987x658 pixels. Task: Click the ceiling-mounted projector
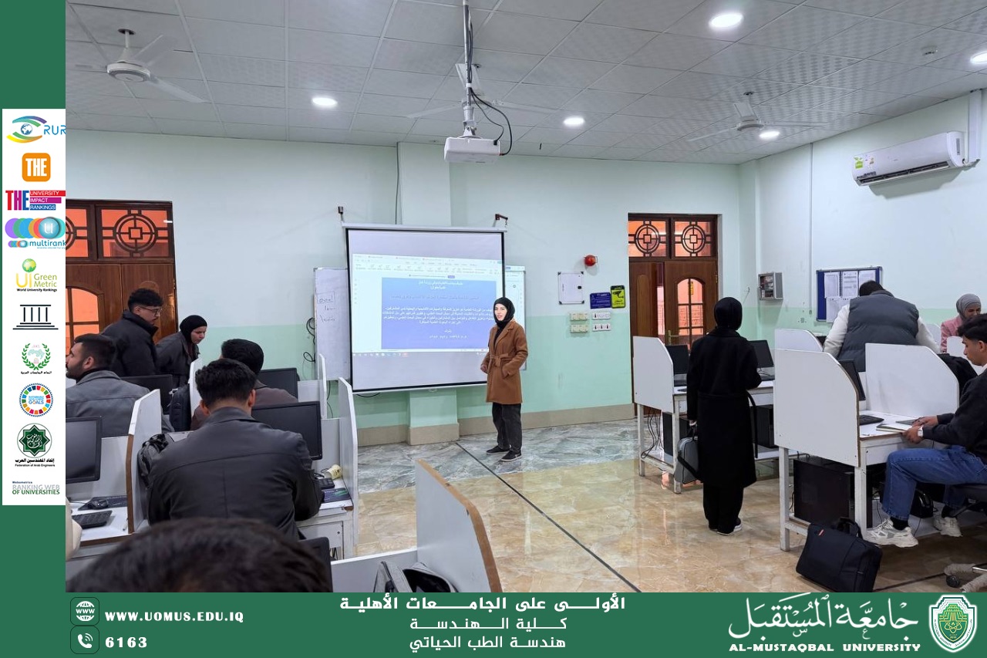471,148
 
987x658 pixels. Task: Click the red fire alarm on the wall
590,261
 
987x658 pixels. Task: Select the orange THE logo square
35,167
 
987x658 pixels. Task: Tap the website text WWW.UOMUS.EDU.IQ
173,616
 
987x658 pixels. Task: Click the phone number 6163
126,642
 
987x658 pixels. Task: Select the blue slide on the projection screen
427,312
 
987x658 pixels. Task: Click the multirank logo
35,232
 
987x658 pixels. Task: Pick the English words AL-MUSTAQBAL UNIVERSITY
824,647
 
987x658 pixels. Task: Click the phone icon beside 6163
84,640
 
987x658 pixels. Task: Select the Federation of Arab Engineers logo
35,441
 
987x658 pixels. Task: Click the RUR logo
35,130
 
